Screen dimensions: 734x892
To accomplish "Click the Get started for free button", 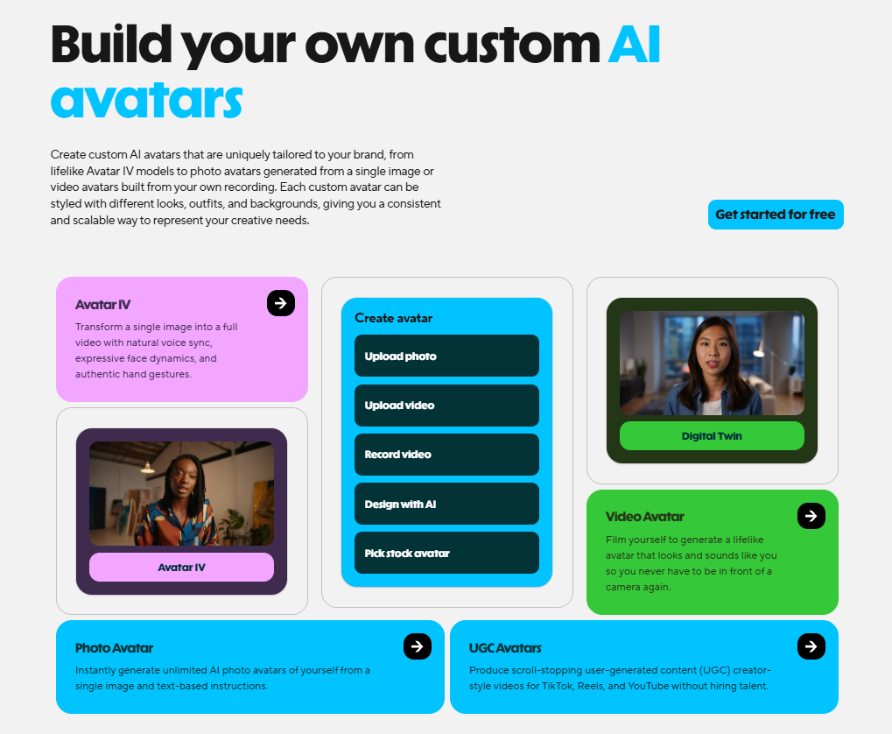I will pos(775,215).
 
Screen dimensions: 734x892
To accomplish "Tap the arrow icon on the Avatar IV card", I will pos(280,303).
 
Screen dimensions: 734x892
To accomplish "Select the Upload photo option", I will pos(446,356).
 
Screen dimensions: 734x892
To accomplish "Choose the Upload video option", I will pos(446,405).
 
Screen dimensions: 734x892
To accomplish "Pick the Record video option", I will pos(446,454).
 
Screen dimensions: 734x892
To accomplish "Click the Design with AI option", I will pos(446,504).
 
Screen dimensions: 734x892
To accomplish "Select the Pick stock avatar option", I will pos(446,553).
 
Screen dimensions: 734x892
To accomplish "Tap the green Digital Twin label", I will pos(711,435).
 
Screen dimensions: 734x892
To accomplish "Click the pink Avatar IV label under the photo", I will pos(181,567).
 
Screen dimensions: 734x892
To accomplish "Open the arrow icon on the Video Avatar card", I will pos(811,516).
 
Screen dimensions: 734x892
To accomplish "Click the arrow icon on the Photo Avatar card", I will pos(417,646).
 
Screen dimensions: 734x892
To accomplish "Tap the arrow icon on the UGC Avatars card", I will pos(811,646).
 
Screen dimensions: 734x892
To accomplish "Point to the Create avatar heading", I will pos(393,318).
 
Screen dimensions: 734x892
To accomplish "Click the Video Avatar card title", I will pos(644,517).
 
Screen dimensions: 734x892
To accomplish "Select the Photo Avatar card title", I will pos(114,648).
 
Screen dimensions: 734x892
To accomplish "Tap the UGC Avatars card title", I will pos(505,648).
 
